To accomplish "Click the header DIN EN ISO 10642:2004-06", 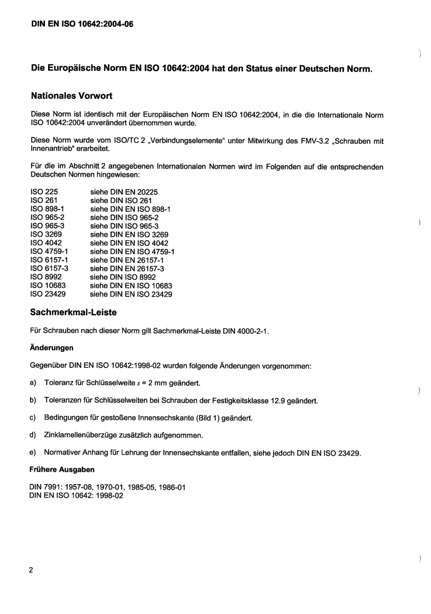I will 82,24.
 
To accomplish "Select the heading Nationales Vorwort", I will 72,96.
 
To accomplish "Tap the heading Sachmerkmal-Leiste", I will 73,312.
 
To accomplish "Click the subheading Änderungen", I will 51,348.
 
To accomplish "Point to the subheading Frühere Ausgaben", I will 62,470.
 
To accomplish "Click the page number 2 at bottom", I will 31,570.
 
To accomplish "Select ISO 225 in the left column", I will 44,192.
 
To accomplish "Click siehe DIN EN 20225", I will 124,192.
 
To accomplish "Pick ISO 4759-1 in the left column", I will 49,251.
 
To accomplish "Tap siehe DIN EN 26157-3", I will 127,268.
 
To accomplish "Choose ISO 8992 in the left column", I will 46,277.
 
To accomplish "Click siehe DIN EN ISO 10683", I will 131,286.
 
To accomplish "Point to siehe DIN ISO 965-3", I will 124,226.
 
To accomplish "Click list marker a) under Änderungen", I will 33,383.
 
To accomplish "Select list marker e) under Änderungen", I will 33,452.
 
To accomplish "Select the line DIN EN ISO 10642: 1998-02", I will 76,495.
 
